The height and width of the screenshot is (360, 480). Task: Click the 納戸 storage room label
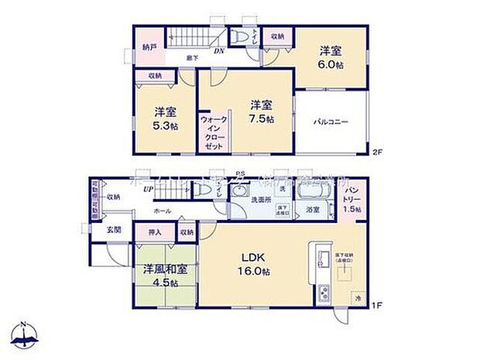coord(149,47)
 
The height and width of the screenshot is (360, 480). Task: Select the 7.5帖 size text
coord(260,119)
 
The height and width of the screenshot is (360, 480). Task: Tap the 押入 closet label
coord(155,231)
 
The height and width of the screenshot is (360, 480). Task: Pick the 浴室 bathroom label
coord(314,210)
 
